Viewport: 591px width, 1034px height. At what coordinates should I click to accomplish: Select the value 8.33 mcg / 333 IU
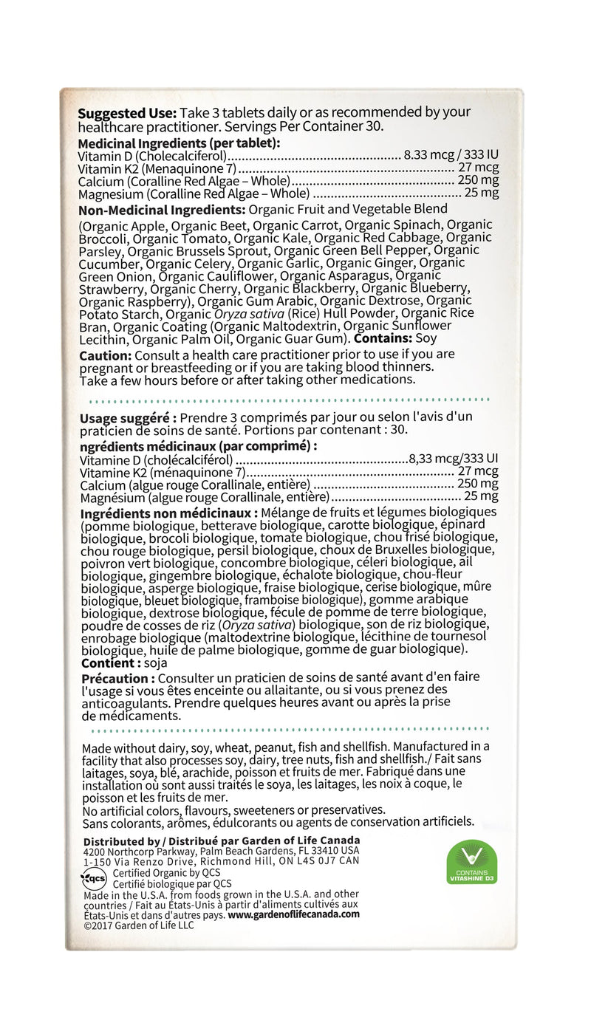tap(451, 156)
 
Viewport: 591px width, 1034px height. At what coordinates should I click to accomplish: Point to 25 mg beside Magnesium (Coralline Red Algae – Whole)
tap(481, 194)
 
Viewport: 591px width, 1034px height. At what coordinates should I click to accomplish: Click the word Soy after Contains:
tap(426, 338)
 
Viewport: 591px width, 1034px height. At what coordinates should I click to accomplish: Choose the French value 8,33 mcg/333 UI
tap(454, 458)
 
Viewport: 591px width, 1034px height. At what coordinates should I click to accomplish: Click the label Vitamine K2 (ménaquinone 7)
tap(162, 472)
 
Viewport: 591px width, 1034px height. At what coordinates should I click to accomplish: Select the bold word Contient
tap(109, 663)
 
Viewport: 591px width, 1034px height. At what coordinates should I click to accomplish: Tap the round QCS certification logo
tap(94, 879)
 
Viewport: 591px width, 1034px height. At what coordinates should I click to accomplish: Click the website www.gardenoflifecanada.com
tap(293, 914)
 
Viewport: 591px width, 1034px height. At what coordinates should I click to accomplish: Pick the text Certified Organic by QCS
tap(158, 873)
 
